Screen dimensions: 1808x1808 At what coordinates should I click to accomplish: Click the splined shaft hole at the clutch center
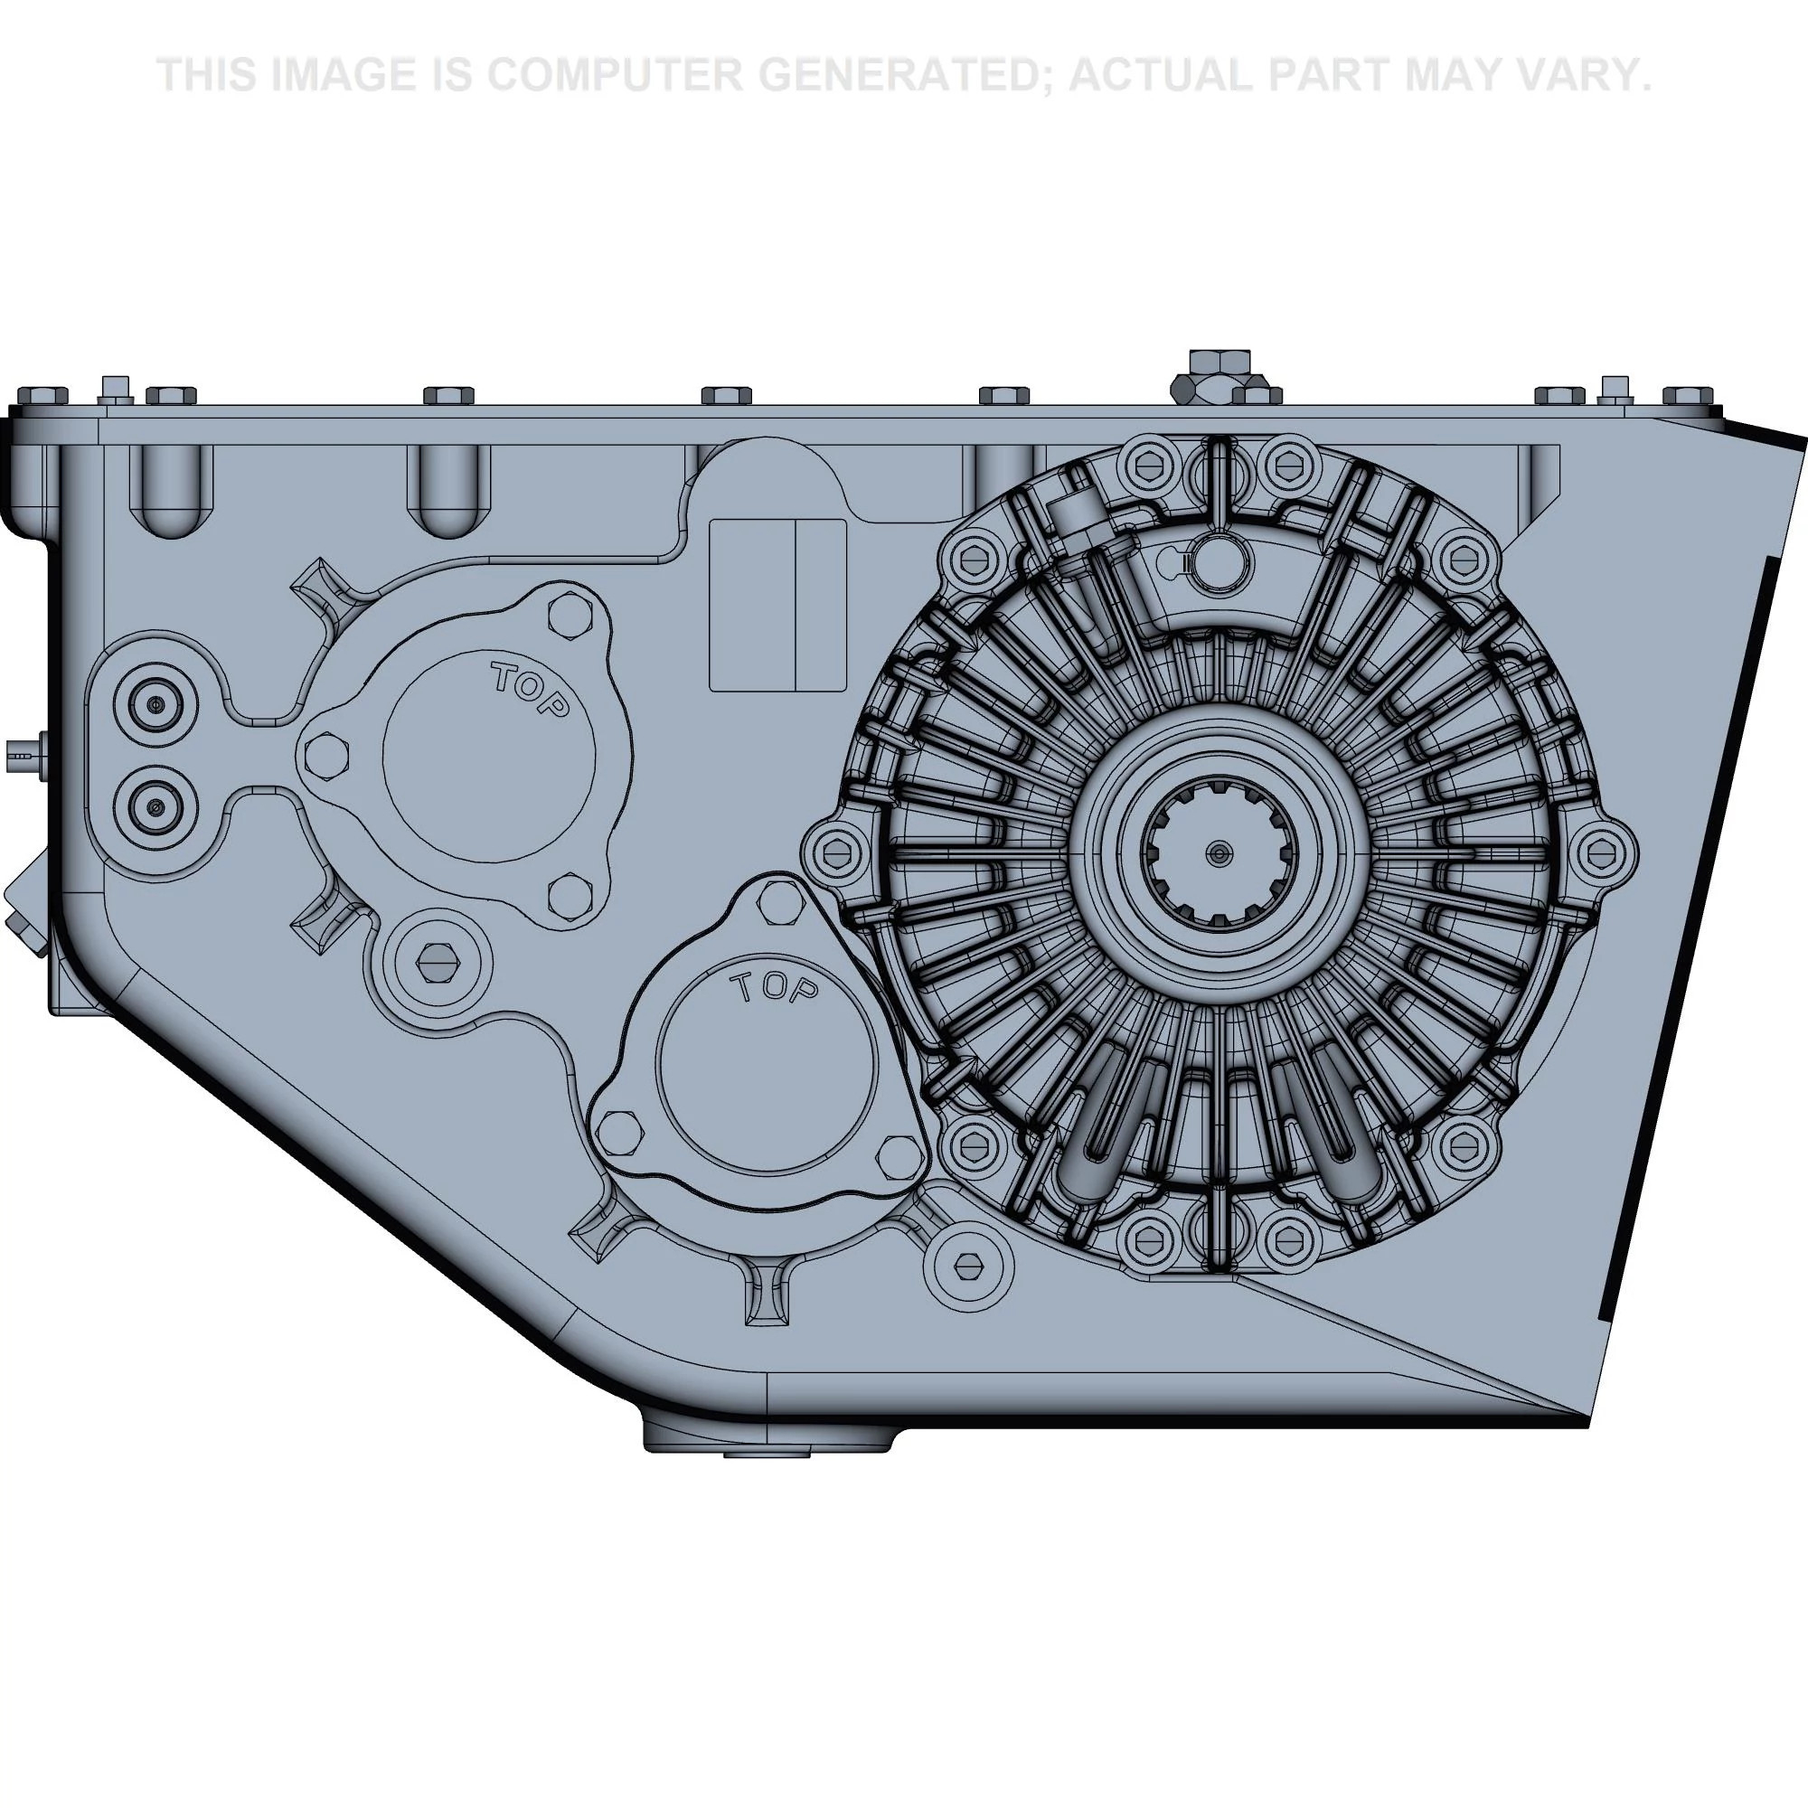[1219, 852]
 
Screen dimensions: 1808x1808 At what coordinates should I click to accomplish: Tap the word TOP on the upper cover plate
[530, 691]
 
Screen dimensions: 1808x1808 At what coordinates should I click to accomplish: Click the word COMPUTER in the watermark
[614, 75]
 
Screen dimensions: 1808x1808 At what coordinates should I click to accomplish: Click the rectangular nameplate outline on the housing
[777, 606]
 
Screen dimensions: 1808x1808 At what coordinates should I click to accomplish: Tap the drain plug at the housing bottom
[766, 1453]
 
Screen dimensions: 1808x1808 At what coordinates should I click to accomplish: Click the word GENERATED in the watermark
[905, 75]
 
